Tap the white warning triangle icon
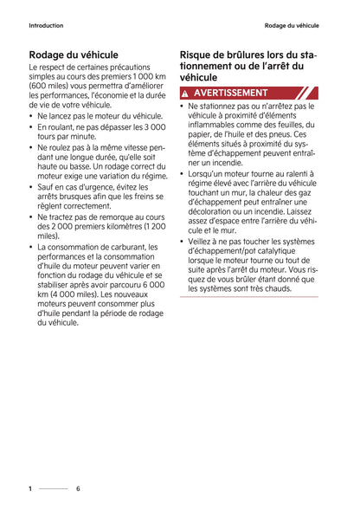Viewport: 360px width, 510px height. [186, 93]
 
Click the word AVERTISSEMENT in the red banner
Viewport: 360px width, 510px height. [231, 93]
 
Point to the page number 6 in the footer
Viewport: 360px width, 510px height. [78, 488]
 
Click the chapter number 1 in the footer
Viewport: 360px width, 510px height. [30, 488]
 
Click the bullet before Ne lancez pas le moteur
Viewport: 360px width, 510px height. [32, 115]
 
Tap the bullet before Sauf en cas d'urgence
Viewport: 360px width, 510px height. [32, 187]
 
